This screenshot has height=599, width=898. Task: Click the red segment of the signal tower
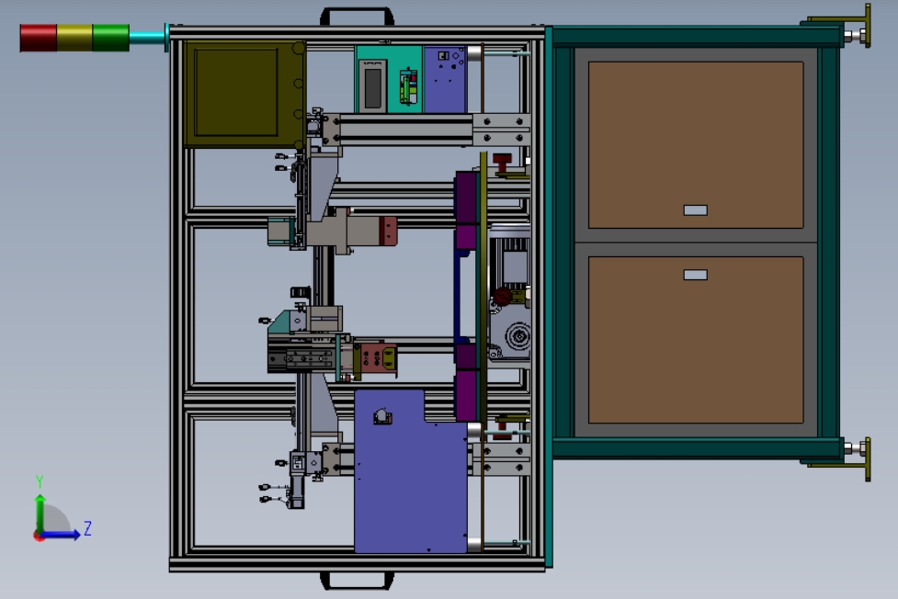click(39, 38)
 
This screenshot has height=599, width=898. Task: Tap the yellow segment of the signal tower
click(74, 38)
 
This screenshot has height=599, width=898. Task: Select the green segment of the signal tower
click(110, 38)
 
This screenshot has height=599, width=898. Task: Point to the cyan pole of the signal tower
click(148, 38)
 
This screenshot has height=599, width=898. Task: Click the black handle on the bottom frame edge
click(357, 582)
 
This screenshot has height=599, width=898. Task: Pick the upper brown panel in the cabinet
click(696, 145)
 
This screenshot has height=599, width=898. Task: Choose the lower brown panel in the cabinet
click(696, 340)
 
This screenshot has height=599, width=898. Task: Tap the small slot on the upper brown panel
click(695, 210)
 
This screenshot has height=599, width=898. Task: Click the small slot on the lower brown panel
click(695, 275)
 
